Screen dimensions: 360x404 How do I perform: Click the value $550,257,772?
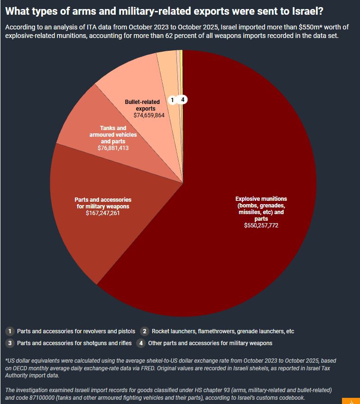click(261, 225)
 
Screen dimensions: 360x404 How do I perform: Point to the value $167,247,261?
click(103, 213)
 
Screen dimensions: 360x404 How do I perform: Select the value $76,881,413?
click(113, 148)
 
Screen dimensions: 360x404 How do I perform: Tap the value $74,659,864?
click(149, 115)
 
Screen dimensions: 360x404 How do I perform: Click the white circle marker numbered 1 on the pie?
click(172, 100)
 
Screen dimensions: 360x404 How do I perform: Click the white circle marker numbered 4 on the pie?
click(183, 99)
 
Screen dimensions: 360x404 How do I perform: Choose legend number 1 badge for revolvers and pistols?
click(10, 331)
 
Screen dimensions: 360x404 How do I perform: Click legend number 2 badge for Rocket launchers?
click(145, 331)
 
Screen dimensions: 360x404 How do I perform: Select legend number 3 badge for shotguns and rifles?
click(10, 343)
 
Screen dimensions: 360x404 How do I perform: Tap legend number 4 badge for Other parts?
click(141, 343)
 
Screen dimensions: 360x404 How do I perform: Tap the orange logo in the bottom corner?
click(351, 401)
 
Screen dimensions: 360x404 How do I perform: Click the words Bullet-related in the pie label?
click(142, 102)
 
